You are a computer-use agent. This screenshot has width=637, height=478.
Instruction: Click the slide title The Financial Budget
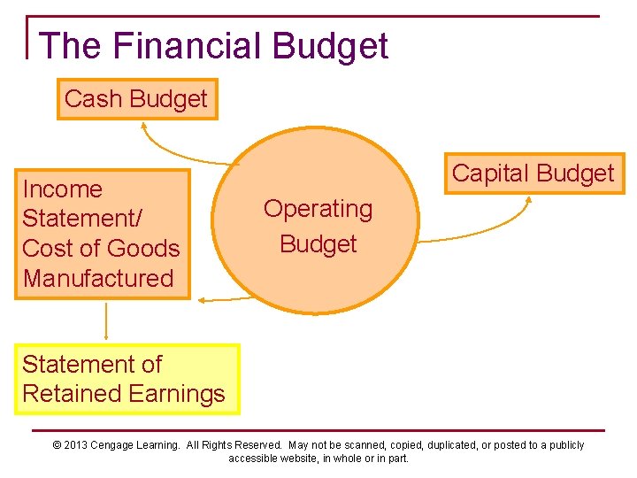[213, 46]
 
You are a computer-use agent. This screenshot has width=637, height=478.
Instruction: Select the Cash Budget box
[136, 99]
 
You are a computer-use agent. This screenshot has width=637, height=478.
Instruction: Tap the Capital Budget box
[533, 173]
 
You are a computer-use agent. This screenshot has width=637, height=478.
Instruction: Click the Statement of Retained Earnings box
[126, 379]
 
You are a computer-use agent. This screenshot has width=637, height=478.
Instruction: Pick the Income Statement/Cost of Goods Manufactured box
[102, 234]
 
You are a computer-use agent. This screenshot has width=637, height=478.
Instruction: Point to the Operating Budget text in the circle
[318, 227]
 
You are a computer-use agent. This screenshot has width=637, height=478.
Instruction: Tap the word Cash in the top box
[93, 99]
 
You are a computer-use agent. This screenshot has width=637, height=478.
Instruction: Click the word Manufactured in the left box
[98, 278]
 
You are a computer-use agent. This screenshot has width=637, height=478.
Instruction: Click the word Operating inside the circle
[318, 209]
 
